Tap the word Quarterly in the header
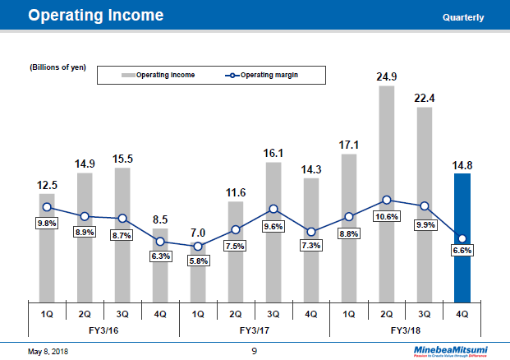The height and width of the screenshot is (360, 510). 462,17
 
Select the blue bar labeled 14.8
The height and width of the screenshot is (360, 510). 462,238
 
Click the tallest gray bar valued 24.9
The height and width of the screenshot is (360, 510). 387,193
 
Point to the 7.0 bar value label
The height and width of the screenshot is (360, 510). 197,233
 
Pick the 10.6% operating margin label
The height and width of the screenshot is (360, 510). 387,217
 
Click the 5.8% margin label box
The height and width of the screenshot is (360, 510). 198,261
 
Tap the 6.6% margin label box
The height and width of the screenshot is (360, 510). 462,251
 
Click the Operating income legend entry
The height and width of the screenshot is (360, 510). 160,76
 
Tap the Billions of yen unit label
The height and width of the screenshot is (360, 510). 58,67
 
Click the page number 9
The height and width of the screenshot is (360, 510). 255,351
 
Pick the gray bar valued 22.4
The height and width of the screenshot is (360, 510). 425,204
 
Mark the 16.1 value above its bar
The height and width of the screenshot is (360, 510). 273,152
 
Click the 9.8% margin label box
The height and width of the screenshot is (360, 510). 47,224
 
